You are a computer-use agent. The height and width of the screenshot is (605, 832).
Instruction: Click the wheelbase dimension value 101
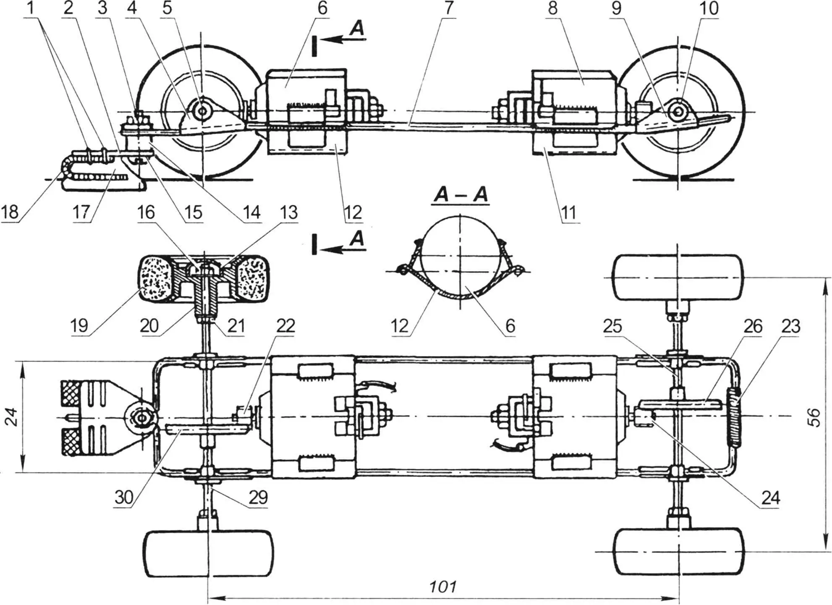click(x=443, y=586)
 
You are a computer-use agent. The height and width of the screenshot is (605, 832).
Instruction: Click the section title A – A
click(x=461, y=195)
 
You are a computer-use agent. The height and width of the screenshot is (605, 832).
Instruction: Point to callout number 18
click(x=10, y=212)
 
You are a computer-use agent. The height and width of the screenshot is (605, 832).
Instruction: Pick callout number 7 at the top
click(x=450, y=8)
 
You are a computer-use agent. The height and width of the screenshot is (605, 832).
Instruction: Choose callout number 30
click(x=124, y=498)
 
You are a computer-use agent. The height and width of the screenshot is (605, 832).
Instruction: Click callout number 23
click(x=791, y=326)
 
